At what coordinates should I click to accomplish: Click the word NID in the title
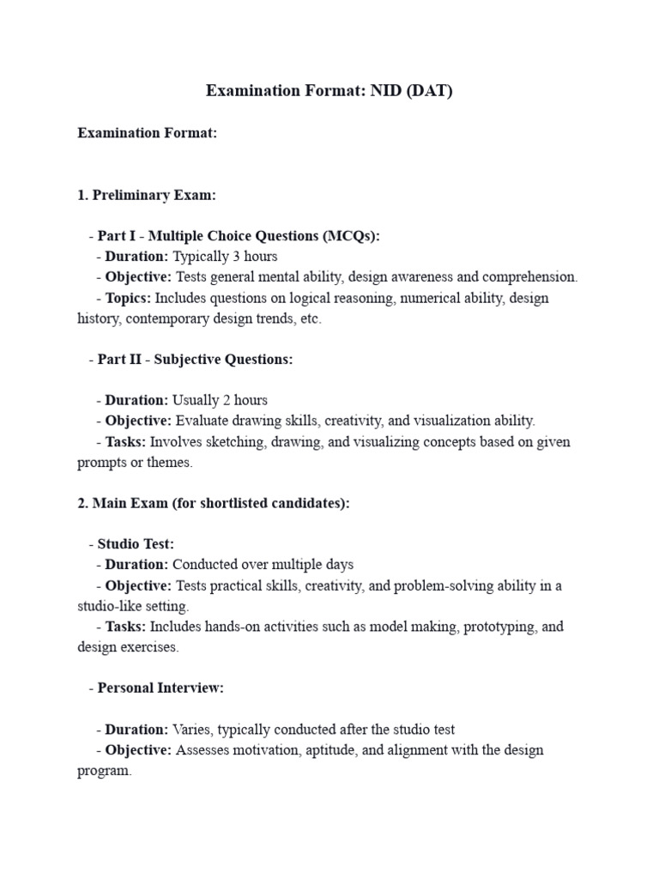click(x=385, y=91)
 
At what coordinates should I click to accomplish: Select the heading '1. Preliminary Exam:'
click(x=147, y=195)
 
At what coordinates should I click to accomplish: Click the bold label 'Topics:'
click(x=129, y=298)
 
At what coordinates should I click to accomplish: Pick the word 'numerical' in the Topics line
click(x=409, y=298)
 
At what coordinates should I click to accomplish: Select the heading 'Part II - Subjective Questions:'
click(x=195, y=360)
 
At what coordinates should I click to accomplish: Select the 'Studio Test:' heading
click(x=136, y=544)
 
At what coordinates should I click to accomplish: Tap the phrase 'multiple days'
click(x=312, y=565)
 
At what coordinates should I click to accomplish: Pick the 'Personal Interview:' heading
click(x=160, y=688)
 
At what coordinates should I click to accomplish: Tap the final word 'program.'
click(x=105, y=771)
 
